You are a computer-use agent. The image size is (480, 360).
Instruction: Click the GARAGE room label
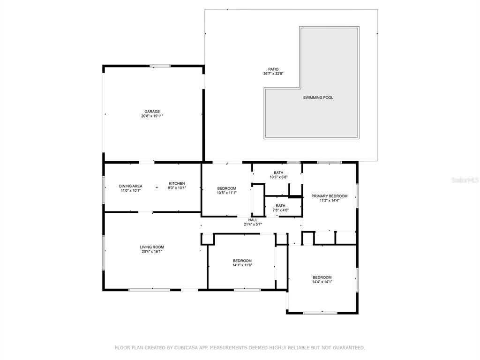tap(152, 112)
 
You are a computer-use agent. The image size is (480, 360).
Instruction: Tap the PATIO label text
tap(273, 69)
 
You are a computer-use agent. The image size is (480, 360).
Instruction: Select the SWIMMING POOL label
tap(318, 97)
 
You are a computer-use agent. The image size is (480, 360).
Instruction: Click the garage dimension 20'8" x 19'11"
tap(152, 116)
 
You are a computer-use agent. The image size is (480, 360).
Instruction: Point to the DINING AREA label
tap(131, 186)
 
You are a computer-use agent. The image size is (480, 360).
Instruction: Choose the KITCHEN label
tap(177, 184)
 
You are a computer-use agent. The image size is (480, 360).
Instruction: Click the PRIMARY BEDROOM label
tap(330, 196)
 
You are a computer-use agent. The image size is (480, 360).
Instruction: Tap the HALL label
tap(253, 220)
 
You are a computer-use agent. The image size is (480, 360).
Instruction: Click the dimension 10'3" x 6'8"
tap(278, 177)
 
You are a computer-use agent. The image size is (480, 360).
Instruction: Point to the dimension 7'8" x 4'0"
tap(281, 210)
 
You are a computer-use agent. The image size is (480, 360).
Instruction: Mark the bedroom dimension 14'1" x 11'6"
tap(242, 265)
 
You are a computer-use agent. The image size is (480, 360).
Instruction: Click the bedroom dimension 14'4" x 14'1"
tap(322, 282)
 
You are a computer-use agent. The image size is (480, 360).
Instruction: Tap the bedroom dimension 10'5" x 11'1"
tap(227, 193)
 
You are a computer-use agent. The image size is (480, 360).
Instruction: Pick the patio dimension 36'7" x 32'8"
tap(273, 74)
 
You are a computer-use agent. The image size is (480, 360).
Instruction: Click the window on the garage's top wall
tap(160, 66)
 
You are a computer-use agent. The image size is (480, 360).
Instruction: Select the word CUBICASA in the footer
tap(186, 348)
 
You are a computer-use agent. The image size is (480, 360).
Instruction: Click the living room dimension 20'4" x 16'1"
tap(152, 252)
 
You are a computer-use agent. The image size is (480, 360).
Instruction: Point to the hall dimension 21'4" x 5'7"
tap(253, 225)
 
